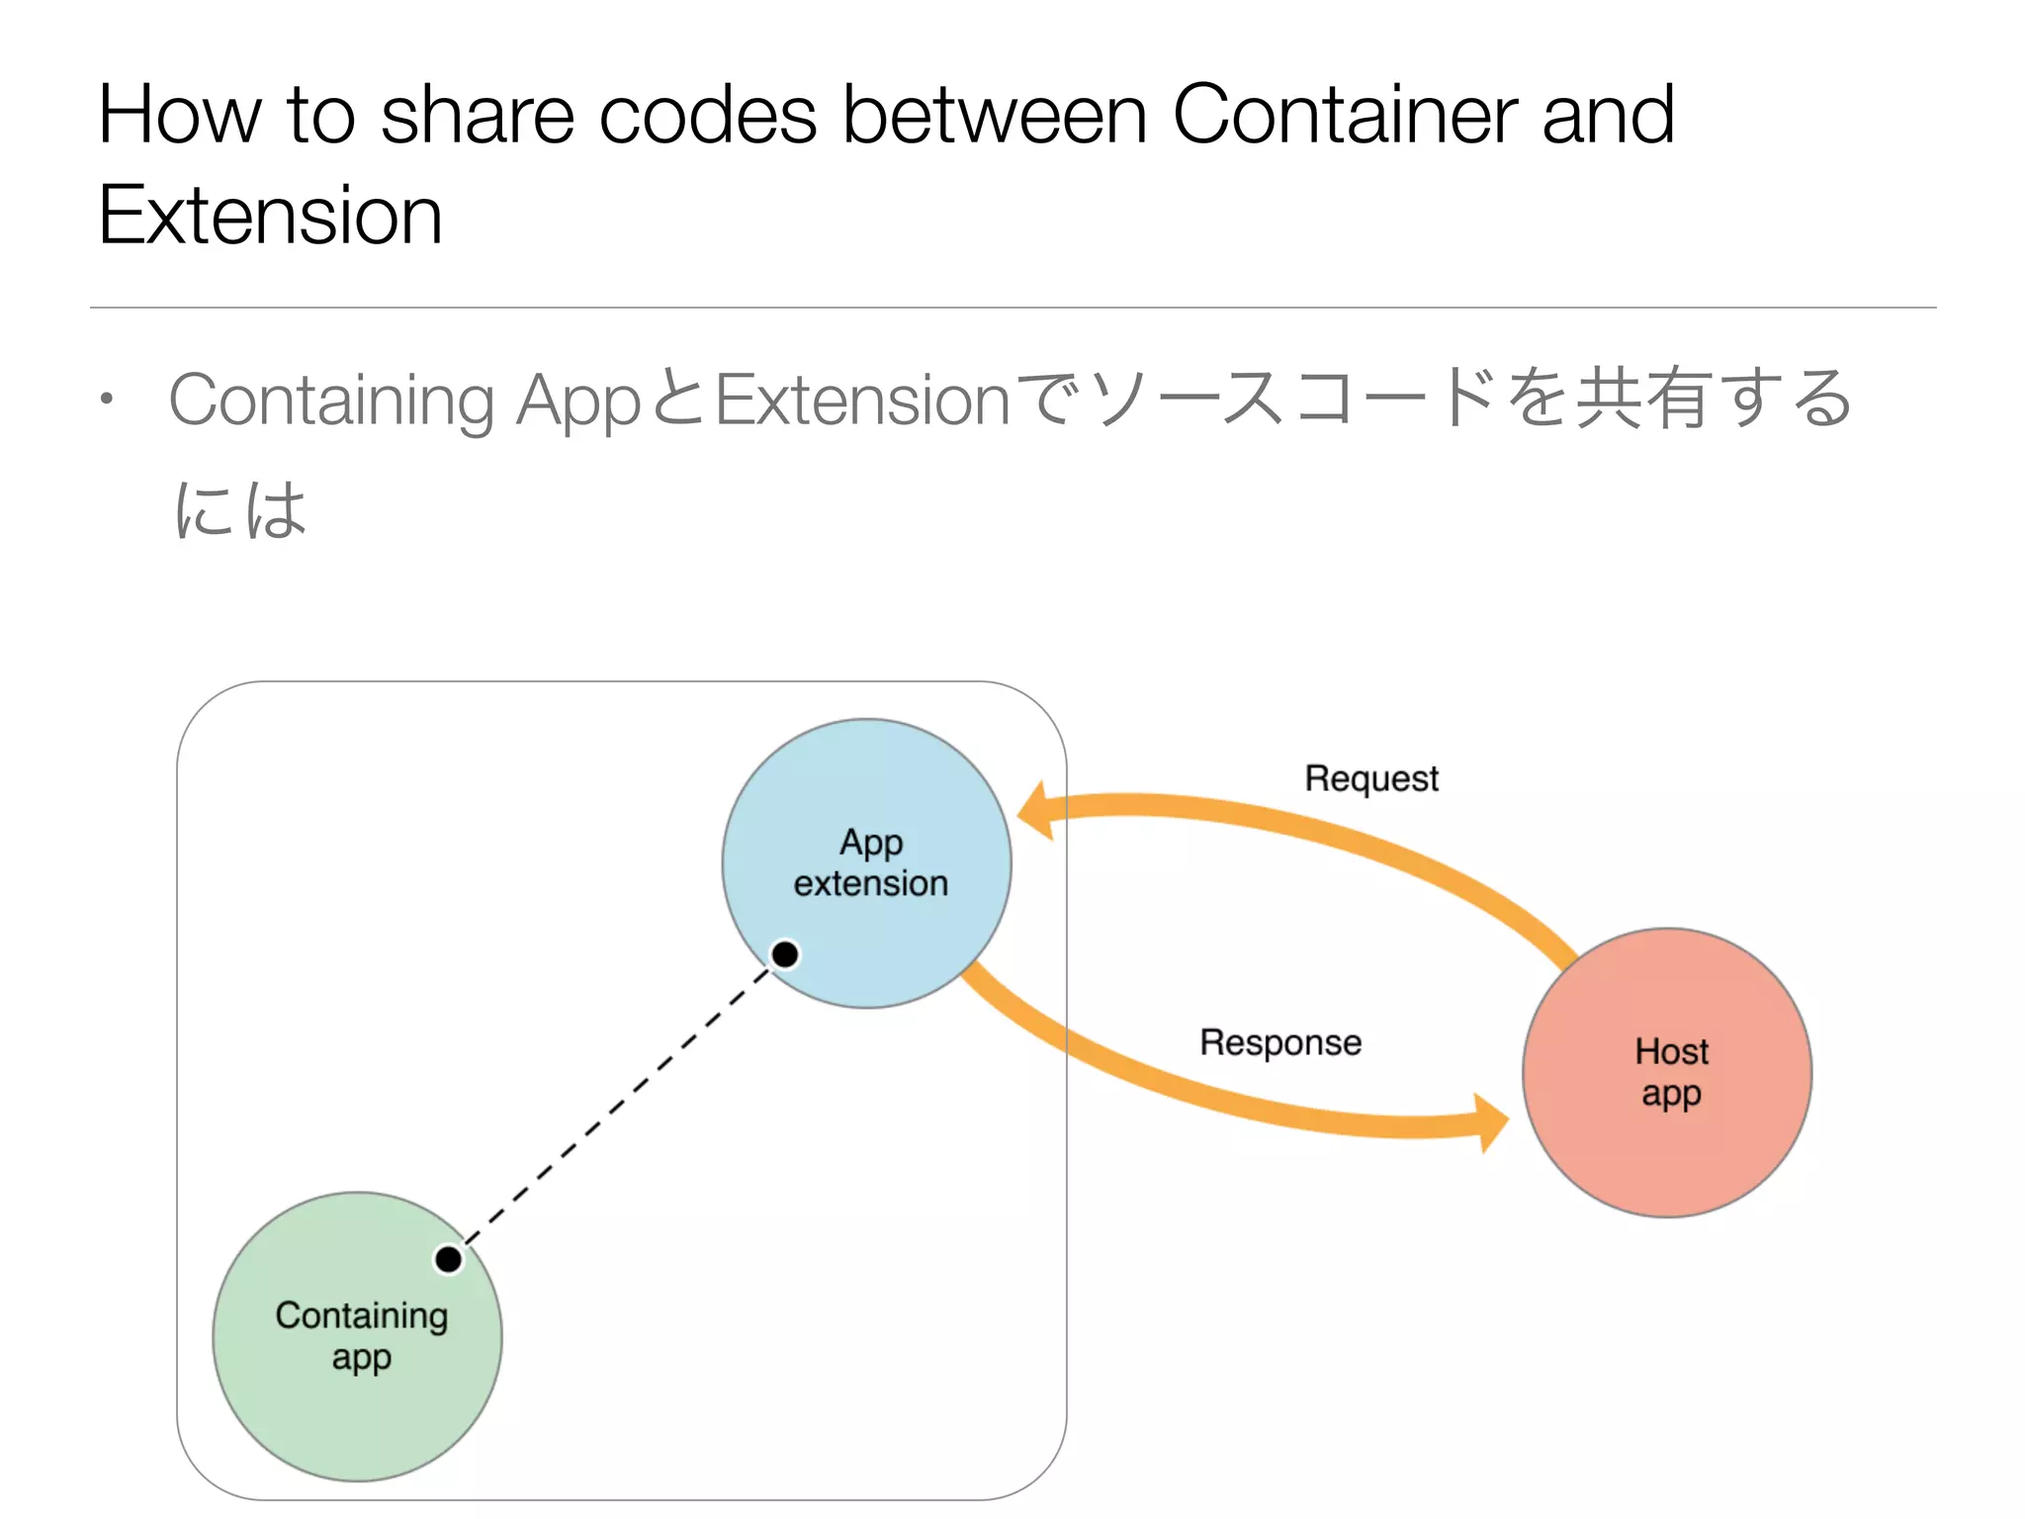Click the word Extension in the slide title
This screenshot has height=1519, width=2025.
point(270,215)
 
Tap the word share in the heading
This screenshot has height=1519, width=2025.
point(477,115)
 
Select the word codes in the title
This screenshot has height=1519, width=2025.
point(708,115)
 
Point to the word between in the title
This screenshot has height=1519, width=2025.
point(995,115)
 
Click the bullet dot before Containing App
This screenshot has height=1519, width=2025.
point(107,400)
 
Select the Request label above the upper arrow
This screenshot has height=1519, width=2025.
point(1371,778)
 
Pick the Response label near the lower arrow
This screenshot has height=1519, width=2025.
point(1280,1042)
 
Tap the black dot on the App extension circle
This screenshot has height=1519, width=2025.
point(785,954)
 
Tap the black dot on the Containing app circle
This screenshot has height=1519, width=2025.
point(448,1259)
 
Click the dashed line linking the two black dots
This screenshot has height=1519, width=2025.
point(616,1108)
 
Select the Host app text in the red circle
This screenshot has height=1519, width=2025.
point(1670,1072)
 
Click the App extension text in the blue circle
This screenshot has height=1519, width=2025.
point(870,862)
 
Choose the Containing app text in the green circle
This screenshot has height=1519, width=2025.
point(361,1335)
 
